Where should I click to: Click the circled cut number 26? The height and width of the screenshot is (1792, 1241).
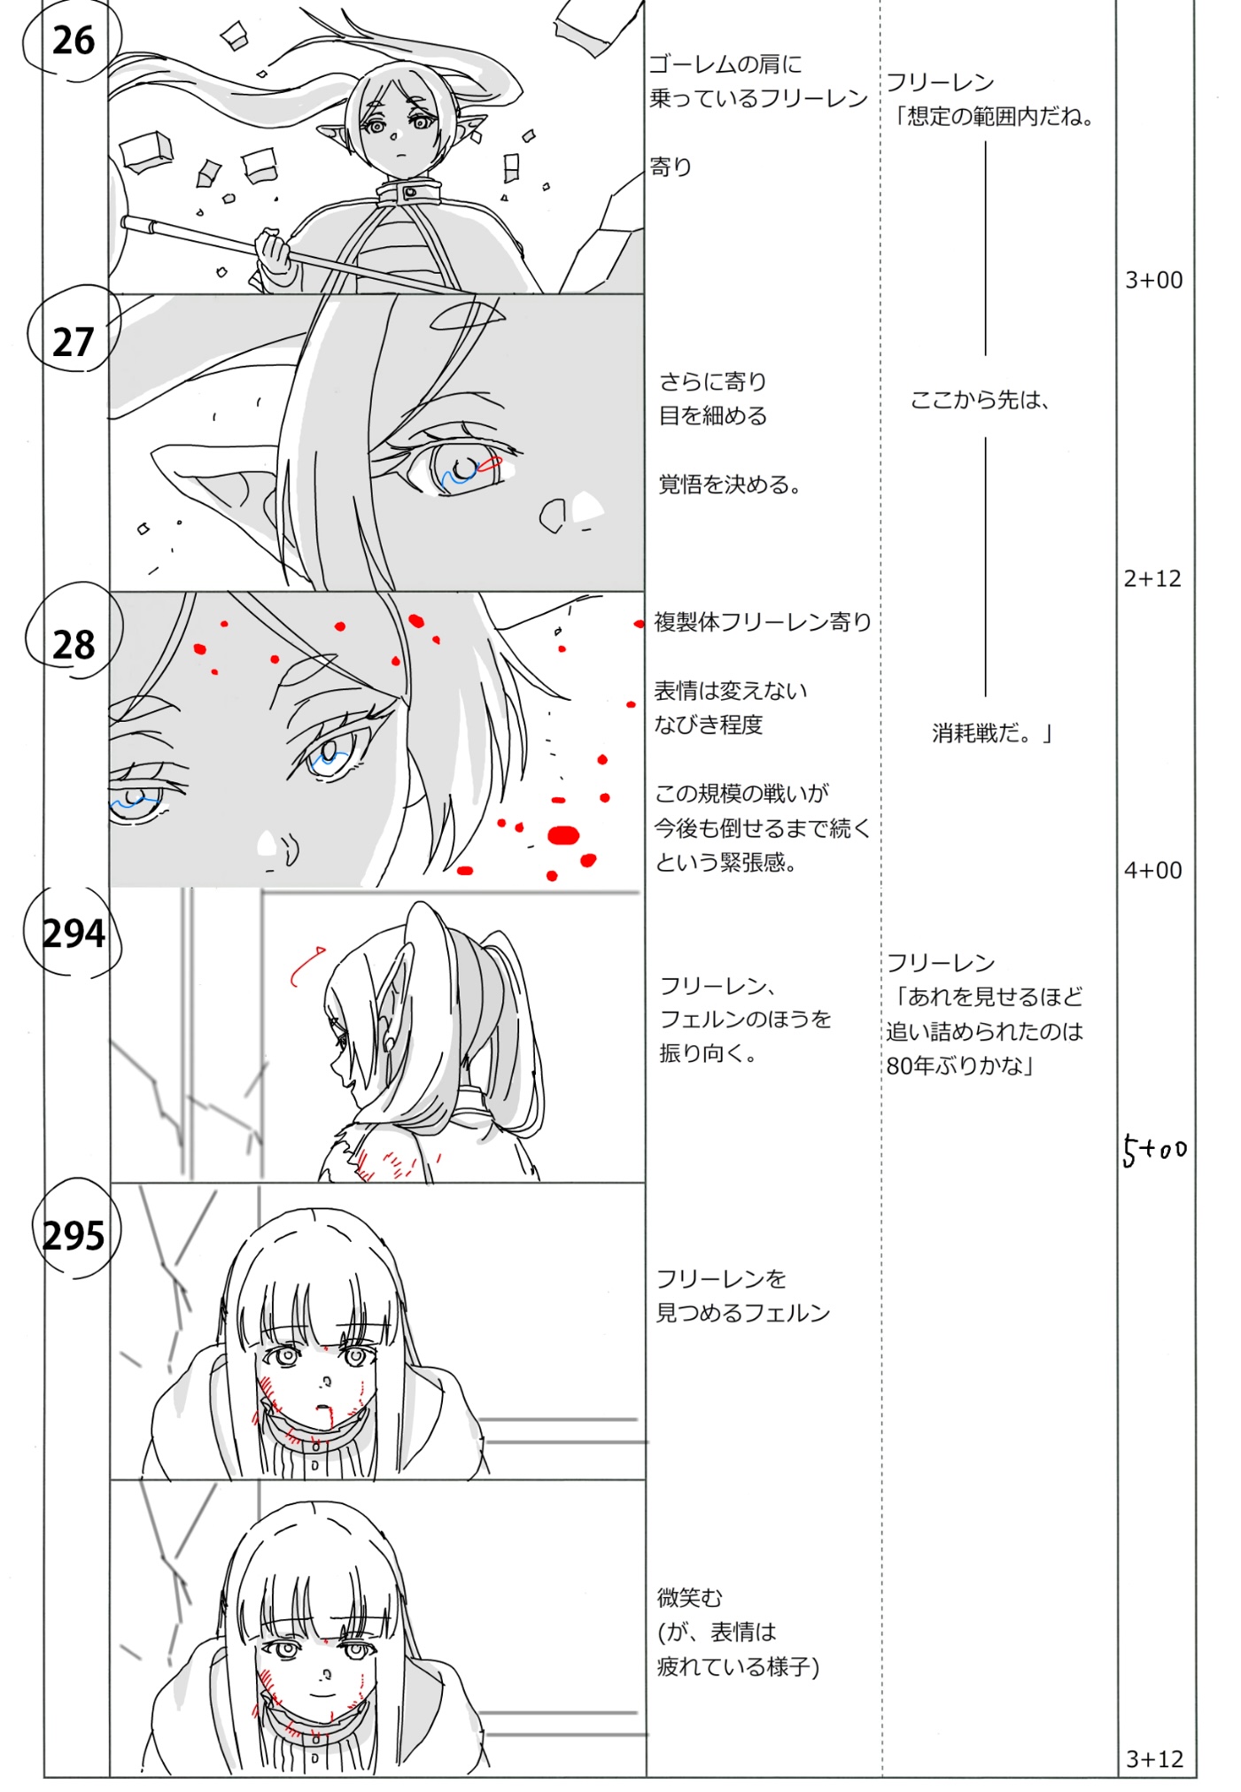click(73, 40)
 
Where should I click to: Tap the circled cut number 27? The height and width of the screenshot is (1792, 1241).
click(73, 342)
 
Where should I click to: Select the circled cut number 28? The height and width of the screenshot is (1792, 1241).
click(74, 644)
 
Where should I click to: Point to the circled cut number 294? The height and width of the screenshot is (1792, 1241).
click(74, 933)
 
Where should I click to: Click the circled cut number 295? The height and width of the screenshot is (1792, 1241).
click(74, 1234)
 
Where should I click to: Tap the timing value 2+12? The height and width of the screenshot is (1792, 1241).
click(1152, 578)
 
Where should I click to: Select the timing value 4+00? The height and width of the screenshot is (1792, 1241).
click(1152, 870)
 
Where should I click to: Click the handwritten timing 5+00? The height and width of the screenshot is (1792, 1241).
click(1154, 1150)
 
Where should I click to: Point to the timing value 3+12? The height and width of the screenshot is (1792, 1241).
click(1154, 1758)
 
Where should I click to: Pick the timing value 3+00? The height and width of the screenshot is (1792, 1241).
click(1153, 280)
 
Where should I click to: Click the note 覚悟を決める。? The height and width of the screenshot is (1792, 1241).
click(730, 485)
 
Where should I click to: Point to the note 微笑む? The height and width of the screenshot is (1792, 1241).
click(690, 1597)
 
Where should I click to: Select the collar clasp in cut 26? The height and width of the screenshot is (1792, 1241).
click(409, 192)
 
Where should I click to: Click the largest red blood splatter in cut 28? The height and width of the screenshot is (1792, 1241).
click(563, 835)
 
